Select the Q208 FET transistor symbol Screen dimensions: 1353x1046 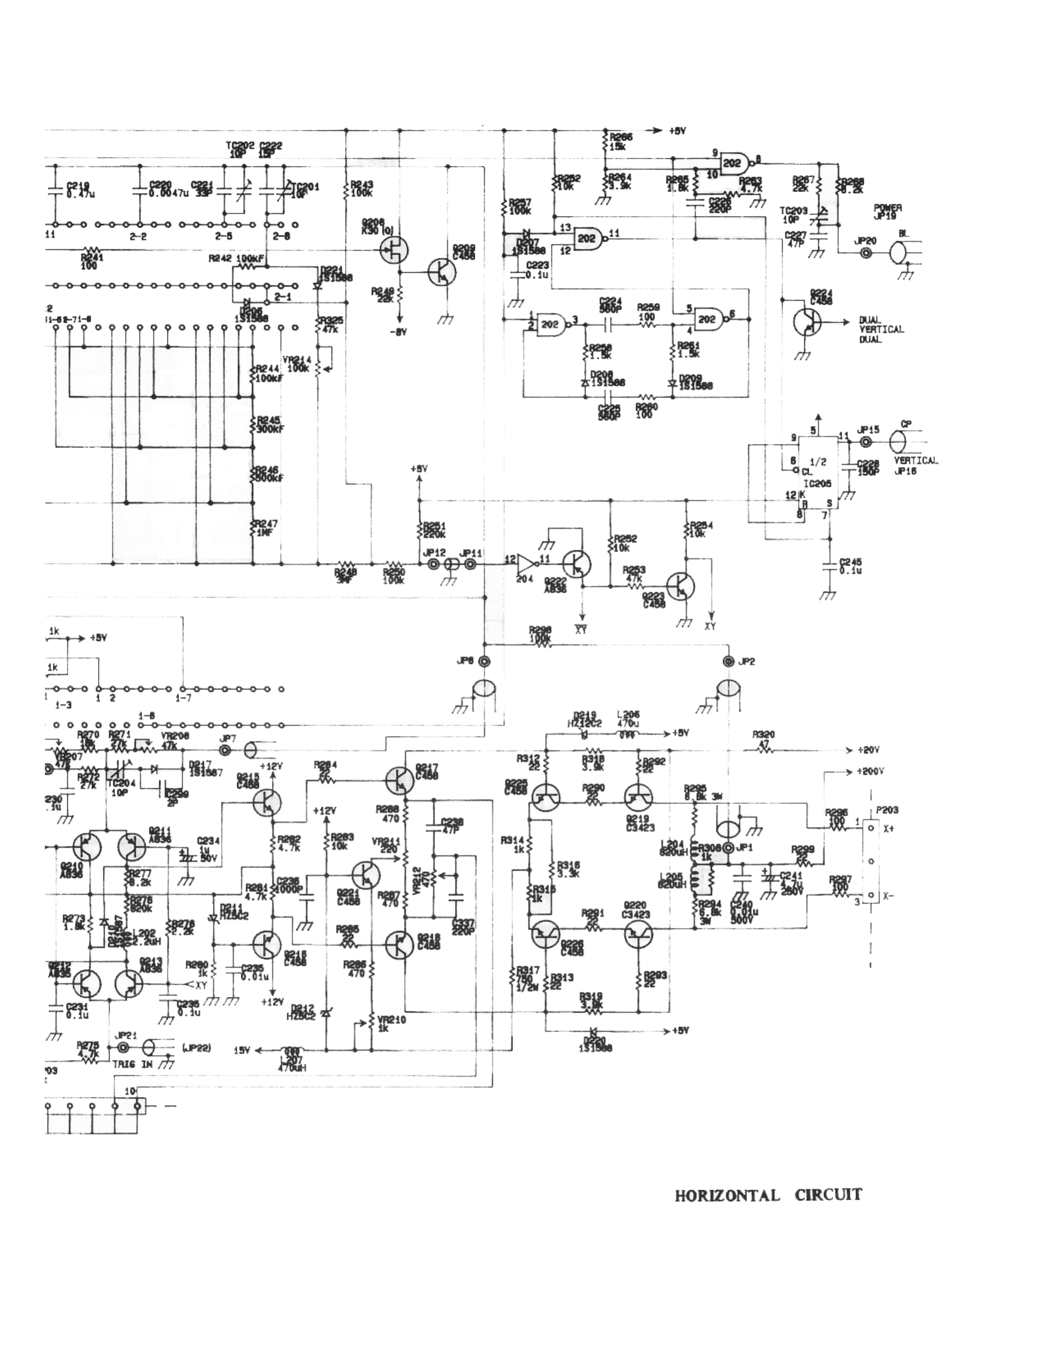394,250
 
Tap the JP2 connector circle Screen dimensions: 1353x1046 729,662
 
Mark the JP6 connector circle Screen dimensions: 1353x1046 483,662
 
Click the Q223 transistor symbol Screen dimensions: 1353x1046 681,586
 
